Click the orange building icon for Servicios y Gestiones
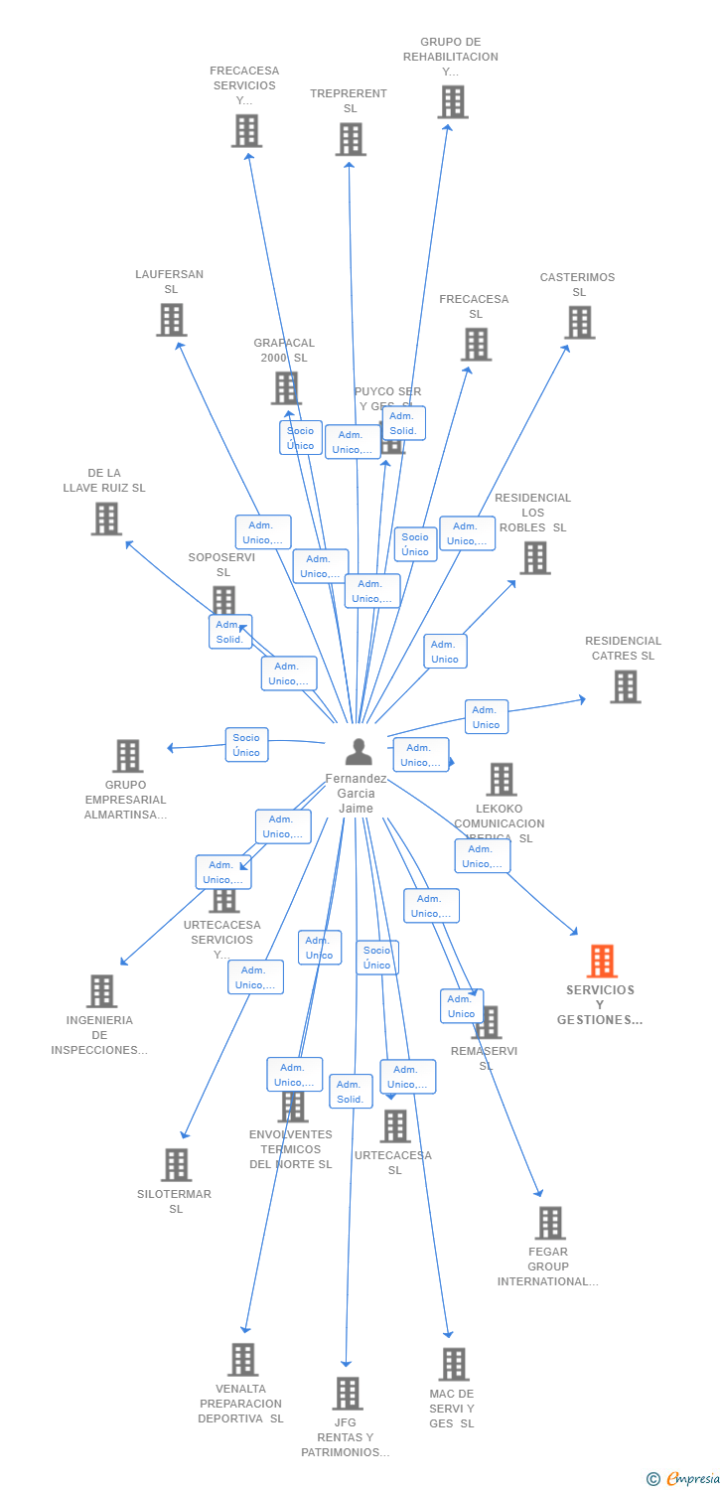(x=602, y=962)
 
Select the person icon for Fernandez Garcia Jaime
(x=358, y=752)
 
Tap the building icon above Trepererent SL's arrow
(x=351, y=140)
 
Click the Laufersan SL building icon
(x=171, y=320)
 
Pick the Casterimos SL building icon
(x=579, y=323)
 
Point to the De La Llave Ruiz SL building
(x=106, y=519)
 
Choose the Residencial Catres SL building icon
(x=625, y=686)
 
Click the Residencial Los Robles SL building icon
(x=534, y=558)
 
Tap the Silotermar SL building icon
(x=176, y=1165)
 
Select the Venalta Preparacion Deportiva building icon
(x=242, y=1360)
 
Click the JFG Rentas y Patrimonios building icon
(x=347, y=1394)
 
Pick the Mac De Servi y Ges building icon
(x=454, y=1365)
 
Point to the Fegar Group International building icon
(x=549, y=1223)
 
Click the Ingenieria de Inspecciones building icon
(x=101, y=991)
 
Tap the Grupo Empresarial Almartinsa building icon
(x=127, y=756)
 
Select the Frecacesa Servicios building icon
(x=246, y=131)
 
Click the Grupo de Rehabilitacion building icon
(x=452, y=102)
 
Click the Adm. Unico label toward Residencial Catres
(x=486, y=717)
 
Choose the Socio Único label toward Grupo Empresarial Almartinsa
(x=246, y=745)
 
